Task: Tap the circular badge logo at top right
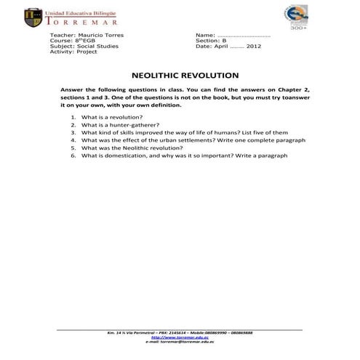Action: coord(297,17)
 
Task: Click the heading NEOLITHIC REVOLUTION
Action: coord(185,75)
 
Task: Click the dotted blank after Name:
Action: coord(244,35)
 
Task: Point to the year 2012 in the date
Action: coord(254,46)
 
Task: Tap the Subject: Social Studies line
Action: coord(84,46)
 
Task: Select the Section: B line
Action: coord(212,41)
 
